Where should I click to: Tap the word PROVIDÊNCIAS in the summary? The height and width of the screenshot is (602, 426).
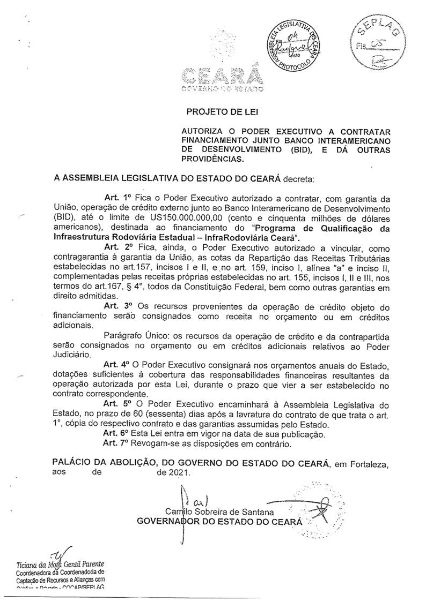[x=214, y=159]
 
